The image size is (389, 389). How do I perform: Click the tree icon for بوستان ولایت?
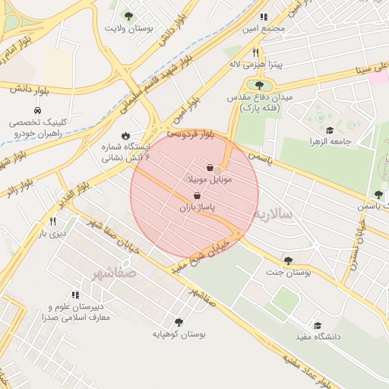coord(128,16)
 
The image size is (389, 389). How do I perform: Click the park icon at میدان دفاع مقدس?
coord(259,86)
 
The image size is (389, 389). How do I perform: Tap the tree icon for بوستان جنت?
coord(288,261)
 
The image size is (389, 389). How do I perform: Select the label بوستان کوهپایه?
coord(179,334)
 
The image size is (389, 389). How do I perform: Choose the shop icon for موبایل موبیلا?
coord(210,168)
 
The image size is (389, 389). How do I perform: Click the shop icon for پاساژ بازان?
coord(198,195)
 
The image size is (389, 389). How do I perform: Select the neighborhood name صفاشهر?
coord(114,271)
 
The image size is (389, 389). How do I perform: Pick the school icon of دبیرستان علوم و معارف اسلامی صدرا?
coord(74,295)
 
